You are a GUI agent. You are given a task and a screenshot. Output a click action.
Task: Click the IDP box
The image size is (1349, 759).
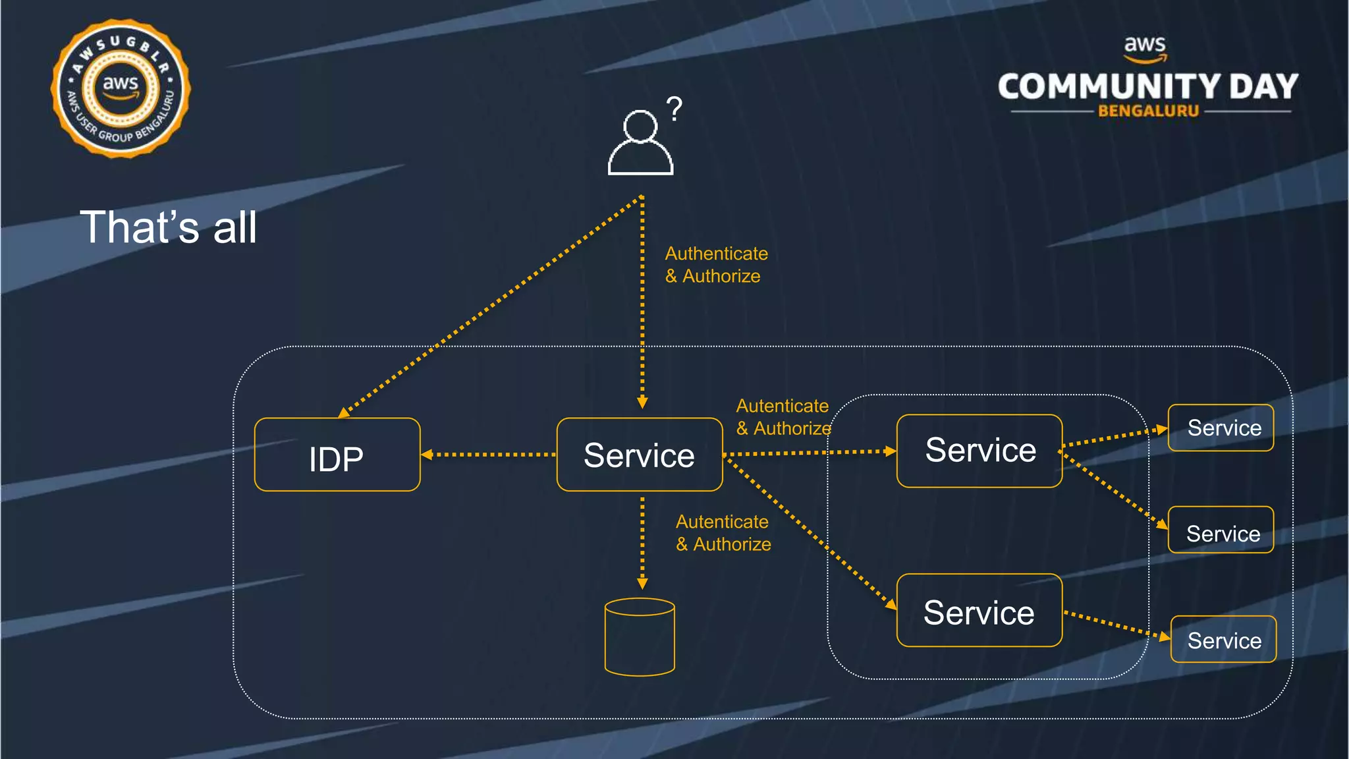click(x=337, y=455)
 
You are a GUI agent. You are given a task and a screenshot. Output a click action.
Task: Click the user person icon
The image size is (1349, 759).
click(x=640, y=143)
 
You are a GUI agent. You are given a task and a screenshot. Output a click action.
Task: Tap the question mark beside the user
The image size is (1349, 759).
click(x=674, y=109)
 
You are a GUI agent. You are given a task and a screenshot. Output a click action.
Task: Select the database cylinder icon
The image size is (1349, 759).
click(x=640, y=636)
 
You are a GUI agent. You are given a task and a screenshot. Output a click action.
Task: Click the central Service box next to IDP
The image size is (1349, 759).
click(x=639, y=455)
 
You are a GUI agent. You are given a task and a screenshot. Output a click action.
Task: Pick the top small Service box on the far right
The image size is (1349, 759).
click(x=1221, y=428)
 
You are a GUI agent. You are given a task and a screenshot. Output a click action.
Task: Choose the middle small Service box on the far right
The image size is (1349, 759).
click(x=1221, y=530)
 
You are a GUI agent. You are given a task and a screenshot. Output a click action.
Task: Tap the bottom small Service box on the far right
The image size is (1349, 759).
click(x=1223, y=639)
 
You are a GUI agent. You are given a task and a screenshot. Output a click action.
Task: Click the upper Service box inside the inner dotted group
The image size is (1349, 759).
click(x=979, y=451)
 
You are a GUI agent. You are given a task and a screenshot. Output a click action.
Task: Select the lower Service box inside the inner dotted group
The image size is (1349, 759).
click(x=979, y=610)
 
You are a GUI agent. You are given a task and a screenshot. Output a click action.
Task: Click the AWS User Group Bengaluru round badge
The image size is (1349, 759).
click(x=121, y=88)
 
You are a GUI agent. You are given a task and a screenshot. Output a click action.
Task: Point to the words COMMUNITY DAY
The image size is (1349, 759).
click(x=1147, y=86)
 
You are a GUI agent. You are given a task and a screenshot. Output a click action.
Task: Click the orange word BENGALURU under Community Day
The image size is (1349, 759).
click(x=1148, y=111)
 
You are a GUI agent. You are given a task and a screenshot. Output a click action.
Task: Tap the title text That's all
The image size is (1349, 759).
click(x=168, y=227)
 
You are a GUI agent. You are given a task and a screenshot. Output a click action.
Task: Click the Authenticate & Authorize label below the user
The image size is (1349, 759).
click(x=715, y=265)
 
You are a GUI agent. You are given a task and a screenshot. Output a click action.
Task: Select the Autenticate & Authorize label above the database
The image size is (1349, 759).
click(x=723, y=533)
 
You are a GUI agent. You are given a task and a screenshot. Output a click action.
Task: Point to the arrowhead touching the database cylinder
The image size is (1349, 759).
click(x=642, y=584)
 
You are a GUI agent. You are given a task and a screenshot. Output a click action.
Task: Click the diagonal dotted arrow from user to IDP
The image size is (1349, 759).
click(x=491, y=306)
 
